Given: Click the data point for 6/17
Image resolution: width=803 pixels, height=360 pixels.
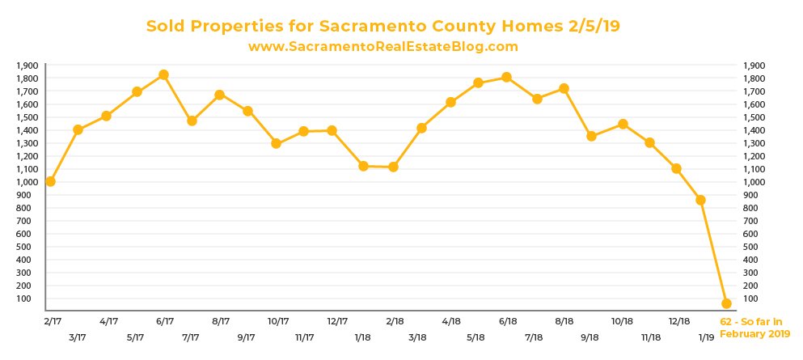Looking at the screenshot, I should coord(163,74).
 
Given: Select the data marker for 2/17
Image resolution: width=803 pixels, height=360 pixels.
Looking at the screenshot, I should coord(50,181).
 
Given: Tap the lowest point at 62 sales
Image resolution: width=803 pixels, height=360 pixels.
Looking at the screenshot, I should coord(726,303).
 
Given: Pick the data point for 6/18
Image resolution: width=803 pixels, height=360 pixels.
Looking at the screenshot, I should coord(506,77).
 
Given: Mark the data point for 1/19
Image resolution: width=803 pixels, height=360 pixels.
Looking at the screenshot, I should coord(700,200).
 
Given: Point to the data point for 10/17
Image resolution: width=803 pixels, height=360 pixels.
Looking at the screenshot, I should coord(276,143).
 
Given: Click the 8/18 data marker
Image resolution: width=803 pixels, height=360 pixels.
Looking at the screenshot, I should coord(564,88).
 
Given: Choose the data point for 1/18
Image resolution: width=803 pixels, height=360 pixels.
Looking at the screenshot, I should coord(363,166).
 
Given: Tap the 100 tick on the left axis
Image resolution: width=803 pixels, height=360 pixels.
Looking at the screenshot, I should coord(32,299).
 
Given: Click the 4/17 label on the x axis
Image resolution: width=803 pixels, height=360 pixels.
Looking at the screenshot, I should coord(109,322).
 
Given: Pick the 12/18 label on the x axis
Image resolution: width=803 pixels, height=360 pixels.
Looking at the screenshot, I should coord(678,322).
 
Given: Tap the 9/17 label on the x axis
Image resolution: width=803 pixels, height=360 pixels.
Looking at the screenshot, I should coord(247,336).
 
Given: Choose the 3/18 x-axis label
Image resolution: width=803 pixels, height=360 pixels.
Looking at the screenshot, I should coord(419,336).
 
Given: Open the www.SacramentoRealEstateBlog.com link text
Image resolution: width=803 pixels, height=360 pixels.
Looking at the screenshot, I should coord(382,47).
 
